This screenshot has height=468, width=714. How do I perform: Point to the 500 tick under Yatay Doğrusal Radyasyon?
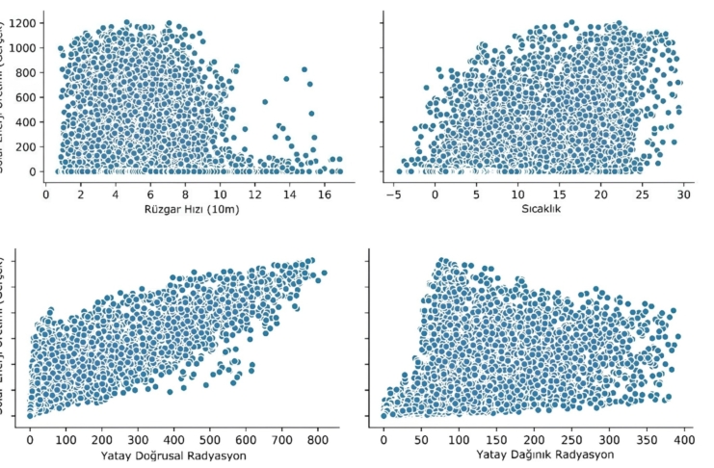point(210,438)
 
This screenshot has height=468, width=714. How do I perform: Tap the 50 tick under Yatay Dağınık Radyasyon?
point(421,438)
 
